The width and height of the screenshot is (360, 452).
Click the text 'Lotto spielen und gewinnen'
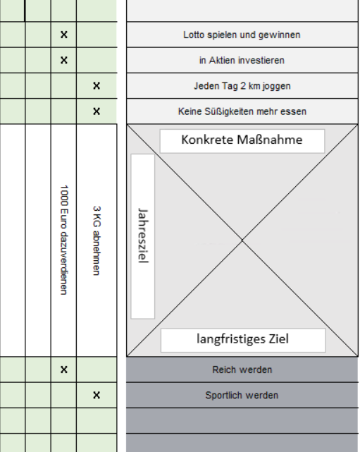[242, 35]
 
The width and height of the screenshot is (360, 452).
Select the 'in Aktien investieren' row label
[242, 60]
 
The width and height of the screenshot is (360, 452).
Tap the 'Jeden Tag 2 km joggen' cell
[242, 86]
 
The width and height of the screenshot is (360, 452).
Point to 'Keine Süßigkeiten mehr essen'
[242, 111]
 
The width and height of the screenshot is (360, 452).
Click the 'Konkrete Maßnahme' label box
[242, 141]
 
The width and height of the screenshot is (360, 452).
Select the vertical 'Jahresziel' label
[143, 236]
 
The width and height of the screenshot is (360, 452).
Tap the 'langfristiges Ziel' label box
[243, 340]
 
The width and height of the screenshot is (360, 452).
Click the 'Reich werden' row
[242, 369]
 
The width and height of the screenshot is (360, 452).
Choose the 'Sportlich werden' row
[242, 395]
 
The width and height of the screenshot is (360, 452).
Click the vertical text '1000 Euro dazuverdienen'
[63, 240]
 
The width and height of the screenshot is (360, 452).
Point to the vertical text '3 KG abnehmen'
[97, 240]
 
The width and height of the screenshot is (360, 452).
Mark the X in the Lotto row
[64, 35]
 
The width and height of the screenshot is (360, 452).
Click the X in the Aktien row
[64, 60]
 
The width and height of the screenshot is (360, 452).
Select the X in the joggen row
[97, 85]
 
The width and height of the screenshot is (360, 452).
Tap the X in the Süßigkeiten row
[97, 111]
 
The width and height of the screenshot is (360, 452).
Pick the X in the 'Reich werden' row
[64, 369]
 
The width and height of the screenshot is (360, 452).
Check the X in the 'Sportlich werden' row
[97, 395]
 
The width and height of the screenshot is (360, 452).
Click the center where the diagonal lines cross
[242, 240]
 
